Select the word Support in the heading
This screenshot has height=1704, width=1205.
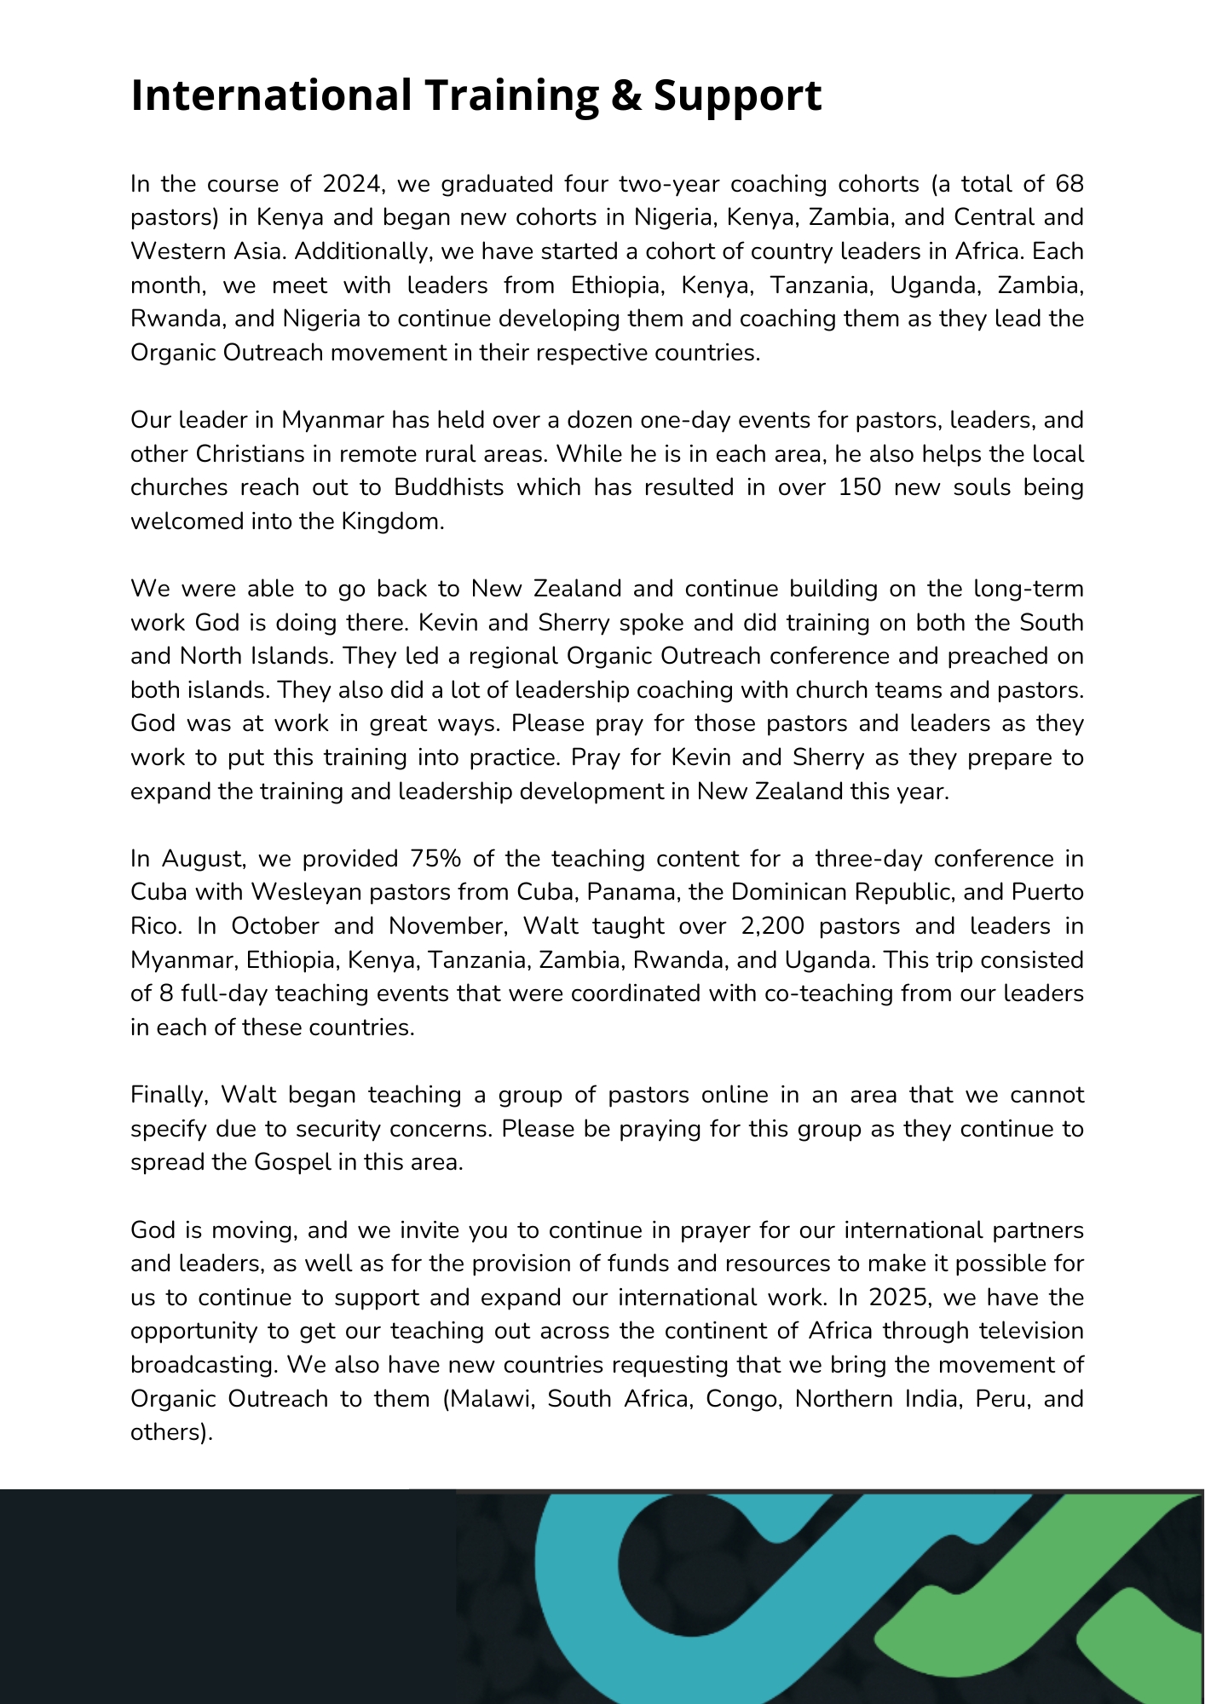point(737,96)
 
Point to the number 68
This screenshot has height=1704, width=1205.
point(1069,184)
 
